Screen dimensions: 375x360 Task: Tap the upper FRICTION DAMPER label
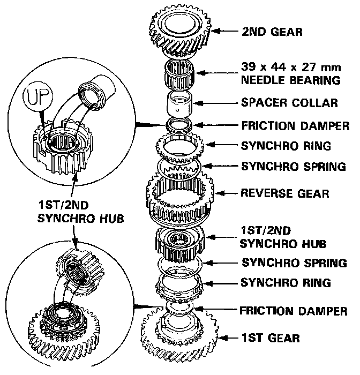tap(294, 126)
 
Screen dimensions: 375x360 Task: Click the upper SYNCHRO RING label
tap(286, 146)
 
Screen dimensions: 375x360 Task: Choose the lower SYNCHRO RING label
tap(286, 282)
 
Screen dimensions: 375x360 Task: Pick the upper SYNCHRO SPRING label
tap(294, 166)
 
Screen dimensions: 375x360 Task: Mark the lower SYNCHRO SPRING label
tap(294, 262)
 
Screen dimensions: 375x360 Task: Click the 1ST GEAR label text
tap(270, 338)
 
